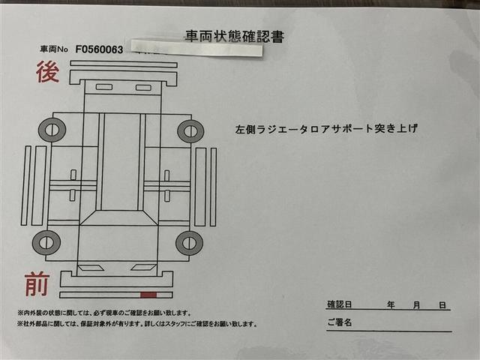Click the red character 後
coord(48,73)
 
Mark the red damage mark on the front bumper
coord(148,295)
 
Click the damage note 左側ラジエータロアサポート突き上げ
coord(326,128)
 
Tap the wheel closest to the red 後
coord(52,130)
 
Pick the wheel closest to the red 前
coord(46,241)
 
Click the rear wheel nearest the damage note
coord(190,130)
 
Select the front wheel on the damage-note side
coord(189,242)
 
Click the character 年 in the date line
coord(391,305)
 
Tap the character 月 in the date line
coord(416,305)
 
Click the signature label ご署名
coord(340,322)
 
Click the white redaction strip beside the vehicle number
coord(196,49)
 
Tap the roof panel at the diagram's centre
coord(120,161)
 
